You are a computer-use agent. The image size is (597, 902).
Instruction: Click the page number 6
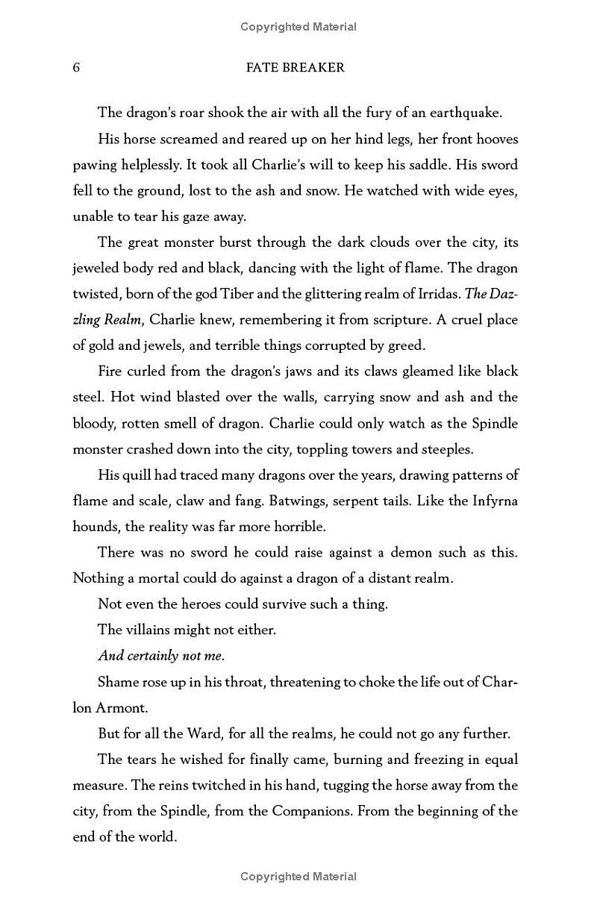[x=76, y=68]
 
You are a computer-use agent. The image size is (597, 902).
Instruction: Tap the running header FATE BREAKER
[x=295, y=68]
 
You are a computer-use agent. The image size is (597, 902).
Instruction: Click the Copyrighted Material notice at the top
[x=298, y=27]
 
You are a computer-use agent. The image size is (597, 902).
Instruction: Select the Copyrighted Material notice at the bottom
[x=298, y=877]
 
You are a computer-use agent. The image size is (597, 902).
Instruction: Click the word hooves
[x=497, y=140]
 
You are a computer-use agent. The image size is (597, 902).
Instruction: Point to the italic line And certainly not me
[x=161, y=656]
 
